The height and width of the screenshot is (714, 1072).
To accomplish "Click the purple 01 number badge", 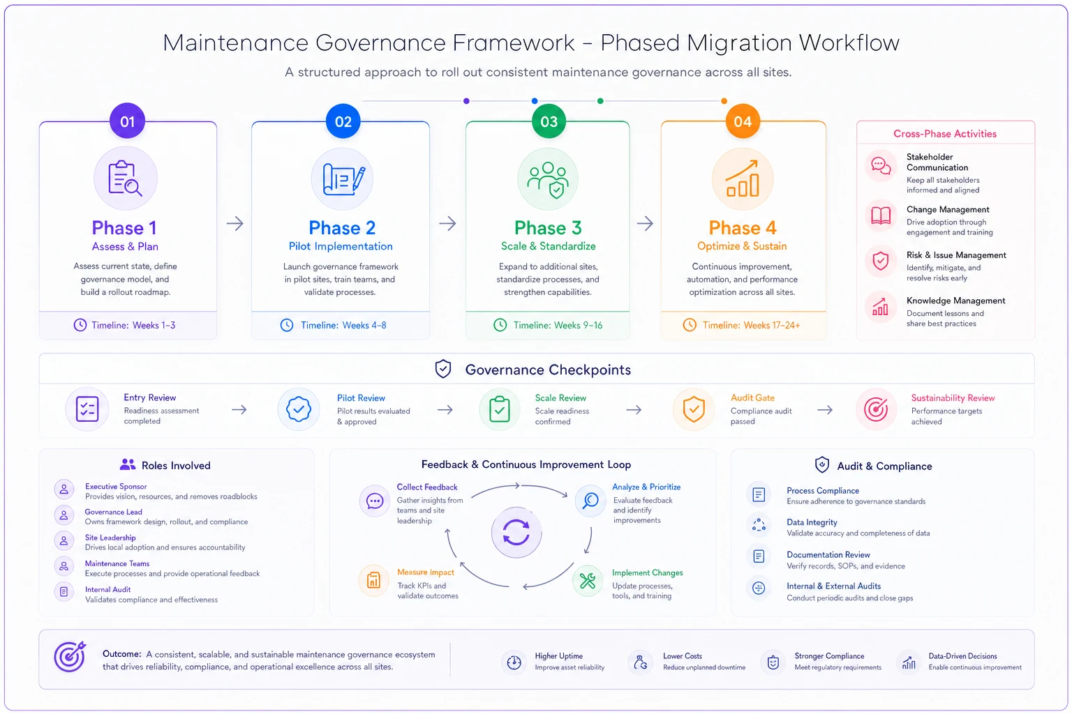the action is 127,121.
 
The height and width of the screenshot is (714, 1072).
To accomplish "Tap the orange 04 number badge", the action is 743,121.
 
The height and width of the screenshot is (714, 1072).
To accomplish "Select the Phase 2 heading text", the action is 342,227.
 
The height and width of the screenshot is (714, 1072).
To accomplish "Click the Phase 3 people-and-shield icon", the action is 548,180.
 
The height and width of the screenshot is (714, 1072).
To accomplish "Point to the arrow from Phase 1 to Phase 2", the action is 235,223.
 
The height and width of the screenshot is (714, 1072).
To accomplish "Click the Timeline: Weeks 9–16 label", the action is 558,325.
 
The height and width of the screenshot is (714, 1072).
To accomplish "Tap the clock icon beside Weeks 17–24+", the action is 689,325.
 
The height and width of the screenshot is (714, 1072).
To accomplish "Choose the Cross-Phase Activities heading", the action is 945,134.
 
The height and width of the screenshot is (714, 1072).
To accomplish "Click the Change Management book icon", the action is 881,215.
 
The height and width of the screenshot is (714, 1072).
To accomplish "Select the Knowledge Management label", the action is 955,301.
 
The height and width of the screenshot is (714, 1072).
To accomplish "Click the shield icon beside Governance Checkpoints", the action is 442,369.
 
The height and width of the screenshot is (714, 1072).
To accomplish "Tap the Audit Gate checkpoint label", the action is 752,397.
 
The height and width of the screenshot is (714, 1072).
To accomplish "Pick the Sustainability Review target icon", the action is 876,409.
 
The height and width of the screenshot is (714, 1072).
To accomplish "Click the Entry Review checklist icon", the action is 87,409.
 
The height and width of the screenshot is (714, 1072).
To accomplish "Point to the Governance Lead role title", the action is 114,512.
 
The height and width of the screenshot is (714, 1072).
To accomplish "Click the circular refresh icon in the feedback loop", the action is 516,532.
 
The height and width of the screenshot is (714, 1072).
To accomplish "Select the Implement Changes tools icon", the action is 587,581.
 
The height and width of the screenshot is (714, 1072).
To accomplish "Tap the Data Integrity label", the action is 812,522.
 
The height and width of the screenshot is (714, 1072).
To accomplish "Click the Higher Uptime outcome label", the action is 558,656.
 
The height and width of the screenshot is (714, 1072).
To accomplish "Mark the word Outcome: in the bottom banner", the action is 121,654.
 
